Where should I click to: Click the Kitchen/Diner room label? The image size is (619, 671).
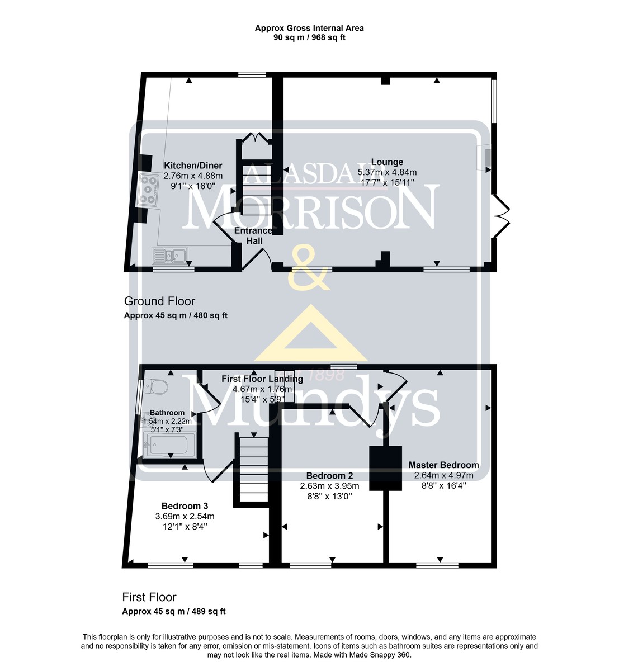coord(193,166)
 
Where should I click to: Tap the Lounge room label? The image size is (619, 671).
coord(387,162)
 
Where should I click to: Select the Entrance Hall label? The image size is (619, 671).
coord(253,236)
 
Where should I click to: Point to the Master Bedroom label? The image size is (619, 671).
coord(443,465)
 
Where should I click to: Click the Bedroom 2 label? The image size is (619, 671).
coord(329,476)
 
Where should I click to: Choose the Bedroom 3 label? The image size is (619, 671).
coord(185,506)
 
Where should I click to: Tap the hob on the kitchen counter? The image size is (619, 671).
coord(148,190)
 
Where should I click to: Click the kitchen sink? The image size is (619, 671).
coord(169,255)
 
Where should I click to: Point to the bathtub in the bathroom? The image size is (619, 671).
coord(169,445)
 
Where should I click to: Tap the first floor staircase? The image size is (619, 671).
coord(253,470)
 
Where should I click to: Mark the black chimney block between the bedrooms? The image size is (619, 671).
coord(385,468)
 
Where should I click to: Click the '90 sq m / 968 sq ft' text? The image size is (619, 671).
coord(309,37)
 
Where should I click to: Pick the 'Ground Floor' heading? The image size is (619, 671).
coord(159,301)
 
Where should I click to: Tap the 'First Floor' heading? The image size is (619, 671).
coord(149,597)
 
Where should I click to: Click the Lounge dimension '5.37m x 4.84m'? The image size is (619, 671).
coord(387,172)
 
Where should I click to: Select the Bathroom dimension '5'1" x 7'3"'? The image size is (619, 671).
coord(167,429)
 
